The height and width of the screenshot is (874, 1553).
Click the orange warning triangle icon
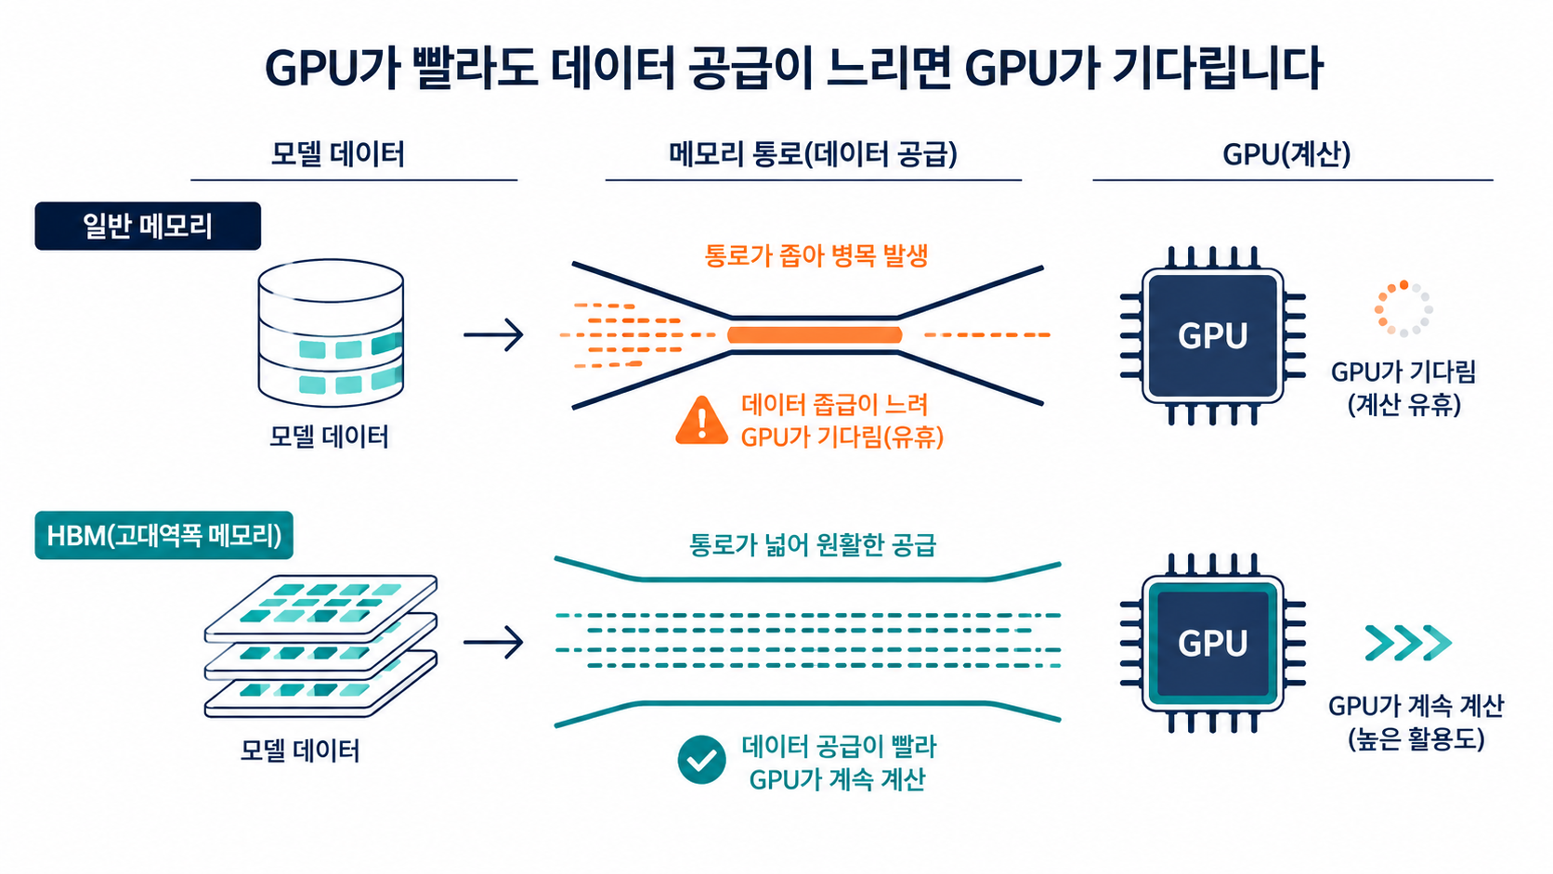click(x=701, y=421)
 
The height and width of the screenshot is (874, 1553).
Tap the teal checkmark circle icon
click(x=701, y=760)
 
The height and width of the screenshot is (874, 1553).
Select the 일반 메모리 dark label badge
click(x=148, y=226)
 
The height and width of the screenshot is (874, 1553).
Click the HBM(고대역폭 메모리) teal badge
click(x=163, y=535)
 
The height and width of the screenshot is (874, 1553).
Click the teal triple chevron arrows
click(x=1408, y=643)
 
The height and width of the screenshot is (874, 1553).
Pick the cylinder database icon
click(x=331, y=333)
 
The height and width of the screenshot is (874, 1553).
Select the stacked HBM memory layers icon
click(x=320, y=646)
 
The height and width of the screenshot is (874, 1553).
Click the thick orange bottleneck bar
click(x=815, y=335)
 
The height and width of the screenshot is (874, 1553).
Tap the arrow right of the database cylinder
click(x=493, y=335)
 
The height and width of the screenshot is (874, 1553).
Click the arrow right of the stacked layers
click(x=493, y=643)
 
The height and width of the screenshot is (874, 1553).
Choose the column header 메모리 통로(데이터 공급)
click(x=813, y=154)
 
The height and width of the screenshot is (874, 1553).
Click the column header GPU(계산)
click(x=1286, y=154)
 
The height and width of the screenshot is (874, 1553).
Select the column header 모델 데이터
click(x=338, y=154)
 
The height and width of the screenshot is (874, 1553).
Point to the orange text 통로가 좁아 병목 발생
click(x=816, y=255)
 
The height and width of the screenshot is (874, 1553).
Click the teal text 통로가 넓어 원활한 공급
click(x=813, y=545)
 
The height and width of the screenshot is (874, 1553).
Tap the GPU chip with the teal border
click(x=1213, y=644)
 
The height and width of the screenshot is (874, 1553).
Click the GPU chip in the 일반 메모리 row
click(x=1213, y=335)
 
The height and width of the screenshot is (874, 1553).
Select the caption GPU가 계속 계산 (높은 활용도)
click(x=1416, y=723)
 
